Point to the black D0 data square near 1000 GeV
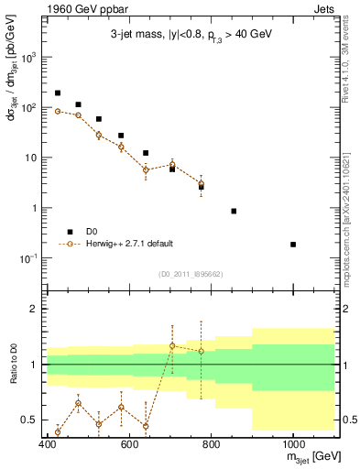(x=293, y=245)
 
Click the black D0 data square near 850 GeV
(x=234, y=211)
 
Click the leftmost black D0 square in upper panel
(x=58, y=93)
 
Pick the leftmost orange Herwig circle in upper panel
(x=58, y=111)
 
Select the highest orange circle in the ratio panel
(x=172, y=346)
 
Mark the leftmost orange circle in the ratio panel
(x=58, y=431)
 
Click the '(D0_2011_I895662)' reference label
(x=191, y=273)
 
